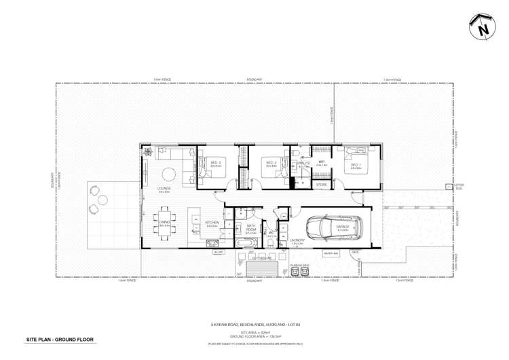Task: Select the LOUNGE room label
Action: [x=164, y=188]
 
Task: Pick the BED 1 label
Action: [x=355, y=164]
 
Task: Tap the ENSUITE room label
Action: [x=303, y=163]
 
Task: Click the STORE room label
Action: [x=322, y=184]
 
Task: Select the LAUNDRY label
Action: [x=296, y=240]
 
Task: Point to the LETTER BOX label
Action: [x=449, y=186]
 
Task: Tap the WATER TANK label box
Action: [x=331, y=253]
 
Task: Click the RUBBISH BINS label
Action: [x=299, y=265]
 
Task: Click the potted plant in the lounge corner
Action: [x=146, y=152]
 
